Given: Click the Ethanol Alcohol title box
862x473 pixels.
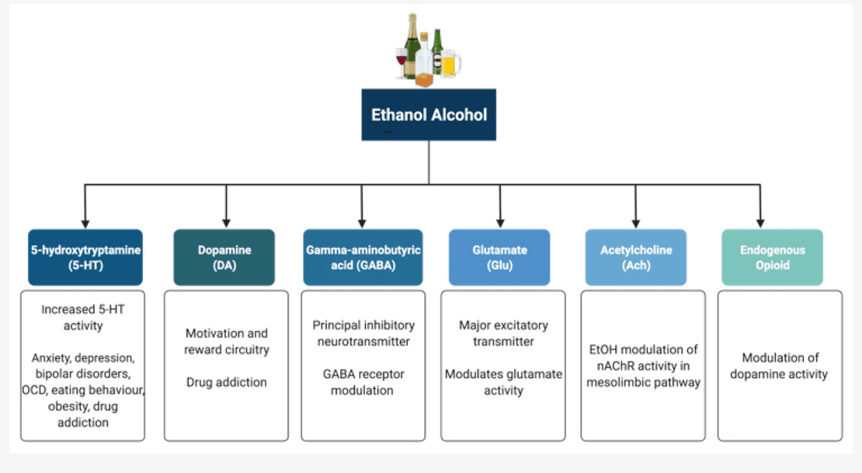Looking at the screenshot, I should pos(429,115).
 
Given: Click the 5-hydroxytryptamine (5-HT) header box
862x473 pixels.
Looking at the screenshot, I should pos(85,257).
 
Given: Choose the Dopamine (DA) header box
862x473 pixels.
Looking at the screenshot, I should pos(224,257).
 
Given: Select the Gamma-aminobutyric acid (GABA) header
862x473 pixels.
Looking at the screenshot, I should pos(362,257).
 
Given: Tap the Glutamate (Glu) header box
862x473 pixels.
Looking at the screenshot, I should pos(499,257).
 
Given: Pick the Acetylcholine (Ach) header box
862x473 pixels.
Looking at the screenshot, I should pos(636,257).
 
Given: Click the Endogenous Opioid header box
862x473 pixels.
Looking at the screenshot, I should pos(772,257).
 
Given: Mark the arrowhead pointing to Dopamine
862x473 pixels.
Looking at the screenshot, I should pos(226,221).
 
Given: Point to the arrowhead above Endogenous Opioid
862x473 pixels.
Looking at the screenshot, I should pos(759,221).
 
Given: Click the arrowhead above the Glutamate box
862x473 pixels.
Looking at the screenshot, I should pos(500,221).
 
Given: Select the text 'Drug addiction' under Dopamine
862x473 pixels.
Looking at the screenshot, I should pos(226,382).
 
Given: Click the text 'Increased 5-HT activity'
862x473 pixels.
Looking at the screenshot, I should pos(83,317).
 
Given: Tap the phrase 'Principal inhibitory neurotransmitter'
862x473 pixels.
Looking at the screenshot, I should pos(363,333).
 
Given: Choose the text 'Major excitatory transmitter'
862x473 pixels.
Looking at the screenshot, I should pos(503,333).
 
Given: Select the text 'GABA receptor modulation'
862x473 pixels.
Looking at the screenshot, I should pos(363,381).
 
